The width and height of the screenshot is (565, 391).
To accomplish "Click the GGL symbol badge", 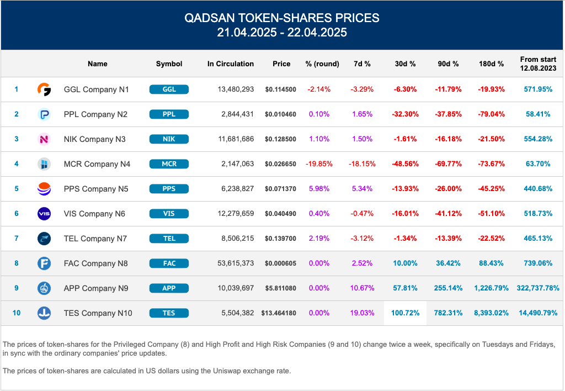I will click(x=169, y=89).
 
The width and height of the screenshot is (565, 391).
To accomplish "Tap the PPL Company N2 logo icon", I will click(x=44, y=114).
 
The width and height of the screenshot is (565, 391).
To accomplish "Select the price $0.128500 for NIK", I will click(x=280, y=139).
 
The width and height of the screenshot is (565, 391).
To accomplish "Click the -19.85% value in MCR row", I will click(x=318, y=164).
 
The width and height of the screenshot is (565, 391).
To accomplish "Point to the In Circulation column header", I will click(x=231, y=64).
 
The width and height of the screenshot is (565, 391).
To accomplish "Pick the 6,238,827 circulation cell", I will click(x=236, y=189).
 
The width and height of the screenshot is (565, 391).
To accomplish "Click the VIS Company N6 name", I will click(x=94, y=214).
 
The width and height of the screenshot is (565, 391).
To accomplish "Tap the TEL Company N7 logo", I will click(x=44, y=239).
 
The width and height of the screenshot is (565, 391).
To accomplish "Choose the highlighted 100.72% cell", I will click(x=405, y=313).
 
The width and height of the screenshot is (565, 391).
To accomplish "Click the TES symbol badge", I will click(x=169, y=313).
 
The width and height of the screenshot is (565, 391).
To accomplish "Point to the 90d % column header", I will click(x=448, y=64).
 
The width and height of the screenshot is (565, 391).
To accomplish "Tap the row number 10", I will click(x=17, y=313).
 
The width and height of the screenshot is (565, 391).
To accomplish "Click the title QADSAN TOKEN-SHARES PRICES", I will click(x=282, y=18).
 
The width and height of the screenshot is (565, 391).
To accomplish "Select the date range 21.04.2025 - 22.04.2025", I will click(x=282, y=32).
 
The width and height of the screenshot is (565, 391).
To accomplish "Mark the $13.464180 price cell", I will click(x=279, y=313).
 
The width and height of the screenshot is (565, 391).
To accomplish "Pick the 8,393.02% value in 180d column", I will click(x=491, y=313).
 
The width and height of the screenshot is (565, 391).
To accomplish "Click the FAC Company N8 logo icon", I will click(x=44, y=263).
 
